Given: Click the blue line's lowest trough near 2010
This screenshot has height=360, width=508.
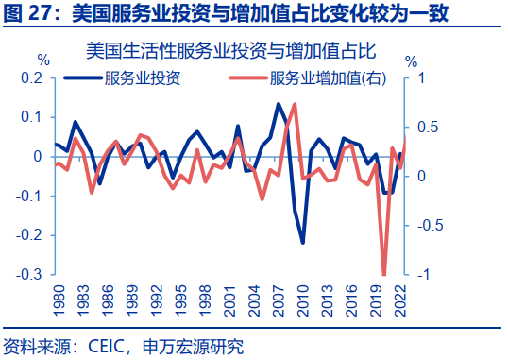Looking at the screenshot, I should click(303, 243).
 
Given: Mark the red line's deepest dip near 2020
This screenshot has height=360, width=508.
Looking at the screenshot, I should click(384, 275).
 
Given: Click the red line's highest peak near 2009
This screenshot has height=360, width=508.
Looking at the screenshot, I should click(296, 104).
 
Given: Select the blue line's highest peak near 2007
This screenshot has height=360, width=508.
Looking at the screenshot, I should click(279, 103).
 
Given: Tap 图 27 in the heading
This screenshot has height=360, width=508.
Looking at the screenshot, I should click(29, 13).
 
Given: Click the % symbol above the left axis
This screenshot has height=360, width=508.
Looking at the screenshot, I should click(42, 60).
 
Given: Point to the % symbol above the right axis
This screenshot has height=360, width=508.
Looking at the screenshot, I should click(411, 60).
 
